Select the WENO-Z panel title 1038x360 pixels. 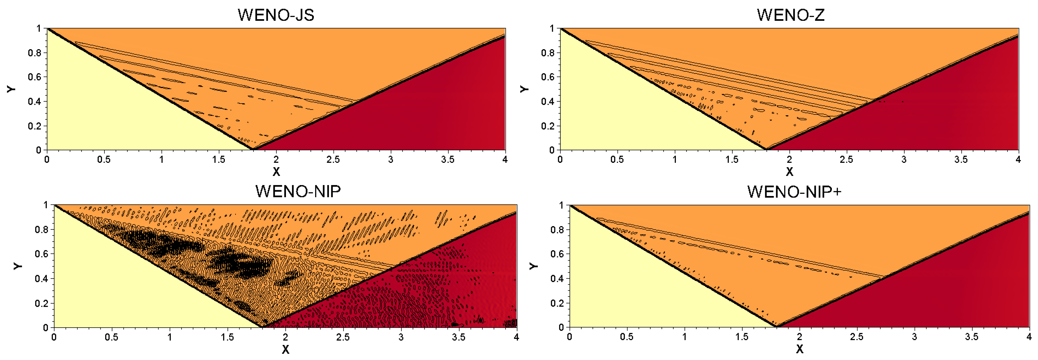(x=791, y=15)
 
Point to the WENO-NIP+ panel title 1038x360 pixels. (x=794, y=192)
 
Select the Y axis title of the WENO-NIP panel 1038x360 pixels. (x=17, y=266)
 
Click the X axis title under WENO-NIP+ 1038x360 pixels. (x=799, y=349)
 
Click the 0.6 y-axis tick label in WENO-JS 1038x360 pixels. (x=35, y=77)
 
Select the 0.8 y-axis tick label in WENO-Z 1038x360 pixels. (x=548, y=53)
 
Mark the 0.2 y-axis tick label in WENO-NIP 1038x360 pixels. (x=41, y=303)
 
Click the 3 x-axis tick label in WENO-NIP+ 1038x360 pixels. (x=914, y=337)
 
